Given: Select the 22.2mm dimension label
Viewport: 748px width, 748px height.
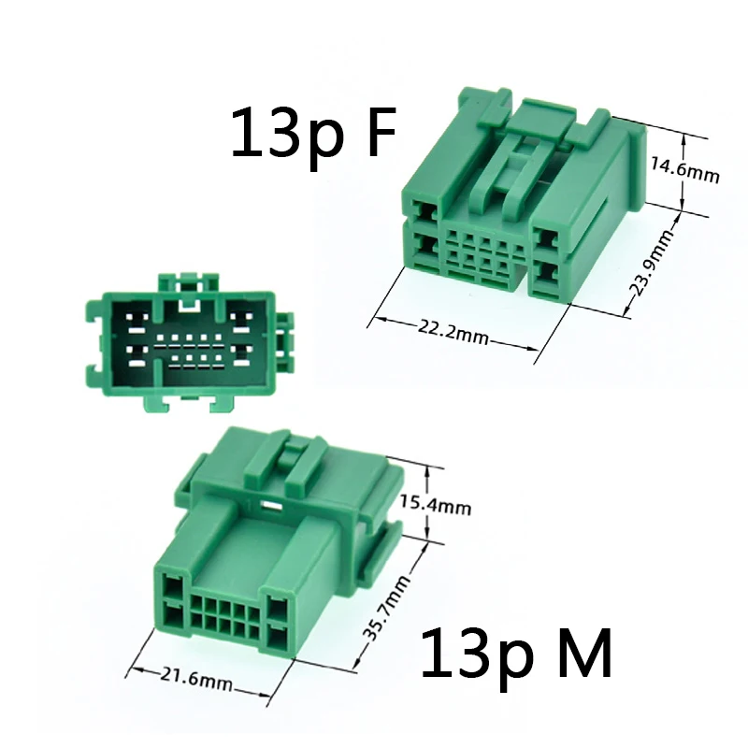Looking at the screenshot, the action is pos(453,332).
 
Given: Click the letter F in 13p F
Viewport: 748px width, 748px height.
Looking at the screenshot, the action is pos(378,132).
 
